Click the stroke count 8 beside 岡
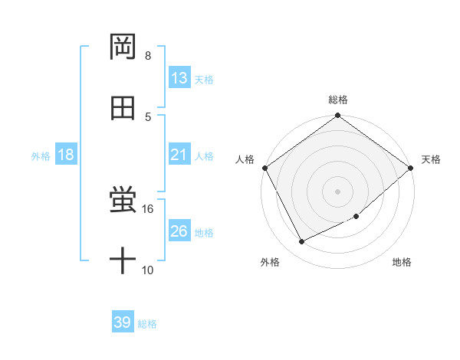(x=148, y=56)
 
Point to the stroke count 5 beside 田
(x=148, y=116)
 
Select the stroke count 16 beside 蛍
(x=148, y=208)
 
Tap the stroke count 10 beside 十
(x=148, y=270)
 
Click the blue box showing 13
(x=179, y=78)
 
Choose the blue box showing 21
(x=179, y=155)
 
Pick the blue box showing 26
(x=179, y=231)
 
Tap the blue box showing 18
(x=65, y=155)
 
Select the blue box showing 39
(x=123, y=322)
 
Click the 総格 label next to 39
(x=148, y=324)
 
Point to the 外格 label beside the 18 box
(x=41, y=155)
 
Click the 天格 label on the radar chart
(x=431, y=159)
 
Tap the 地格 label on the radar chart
(x=402, y=262)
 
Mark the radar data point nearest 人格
(x=264, y=168)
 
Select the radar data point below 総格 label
(x=337, y=116)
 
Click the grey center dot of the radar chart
(x=337, y=191)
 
